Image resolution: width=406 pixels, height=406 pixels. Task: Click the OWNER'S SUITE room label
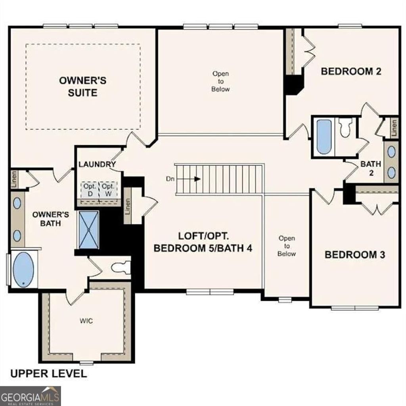coord(83,86)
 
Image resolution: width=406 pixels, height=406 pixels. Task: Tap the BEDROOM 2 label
coord(351,71)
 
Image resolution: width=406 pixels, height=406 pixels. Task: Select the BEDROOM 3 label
coord(355,255)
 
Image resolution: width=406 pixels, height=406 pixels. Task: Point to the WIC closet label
coord(86,320)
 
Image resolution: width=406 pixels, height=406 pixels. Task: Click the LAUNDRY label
coord(97,164)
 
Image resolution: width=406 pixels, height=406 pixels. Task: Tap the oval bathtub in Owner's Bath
coord(23,270)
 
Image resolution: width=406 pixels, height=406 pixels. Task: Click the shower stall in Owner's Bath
coord(89,230)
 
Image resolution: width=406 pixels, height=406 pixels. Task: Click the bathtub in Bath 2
coord(324,137)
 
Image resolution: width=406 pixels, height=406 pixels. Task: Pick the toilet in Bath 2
coord(345,127)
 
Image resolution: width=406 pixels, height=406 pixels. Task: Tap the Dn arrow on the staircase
coord(197,179)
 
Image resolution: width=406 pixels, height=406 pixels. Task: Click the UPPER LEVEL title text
coord(48,373)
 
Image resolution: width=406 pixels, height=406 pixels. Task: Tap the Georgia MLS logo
coord(31,395)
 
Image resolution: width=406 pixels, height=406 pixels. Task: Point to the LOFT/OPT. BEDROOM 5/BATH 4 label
coord(203,242)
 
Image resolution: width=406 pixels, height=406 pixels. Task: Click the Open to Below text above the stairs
coord(220,81)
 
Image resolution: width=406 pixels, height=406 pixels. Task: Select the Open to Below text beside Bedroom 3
coord(286,246)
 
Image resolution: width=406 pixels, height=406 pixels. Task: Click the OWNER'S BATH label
coord(51,219)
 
